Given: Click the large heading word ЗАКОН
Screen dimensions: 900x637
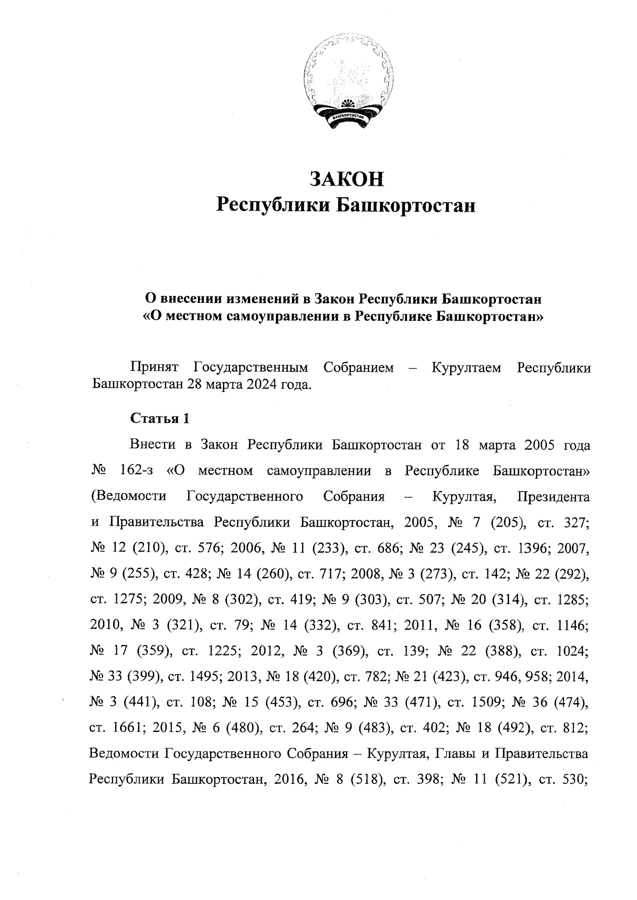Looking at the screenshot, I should (x=346, y=179).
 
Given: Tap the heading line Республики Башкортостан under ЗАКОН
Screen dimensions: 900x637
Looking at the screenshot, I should (x=346, y=205).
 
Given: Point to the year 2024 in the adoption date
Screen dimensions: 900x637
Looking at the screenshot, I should (x=261, y=384).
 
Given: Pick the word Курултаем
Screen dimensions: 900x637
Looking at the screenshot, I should (x=467, y=368).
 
